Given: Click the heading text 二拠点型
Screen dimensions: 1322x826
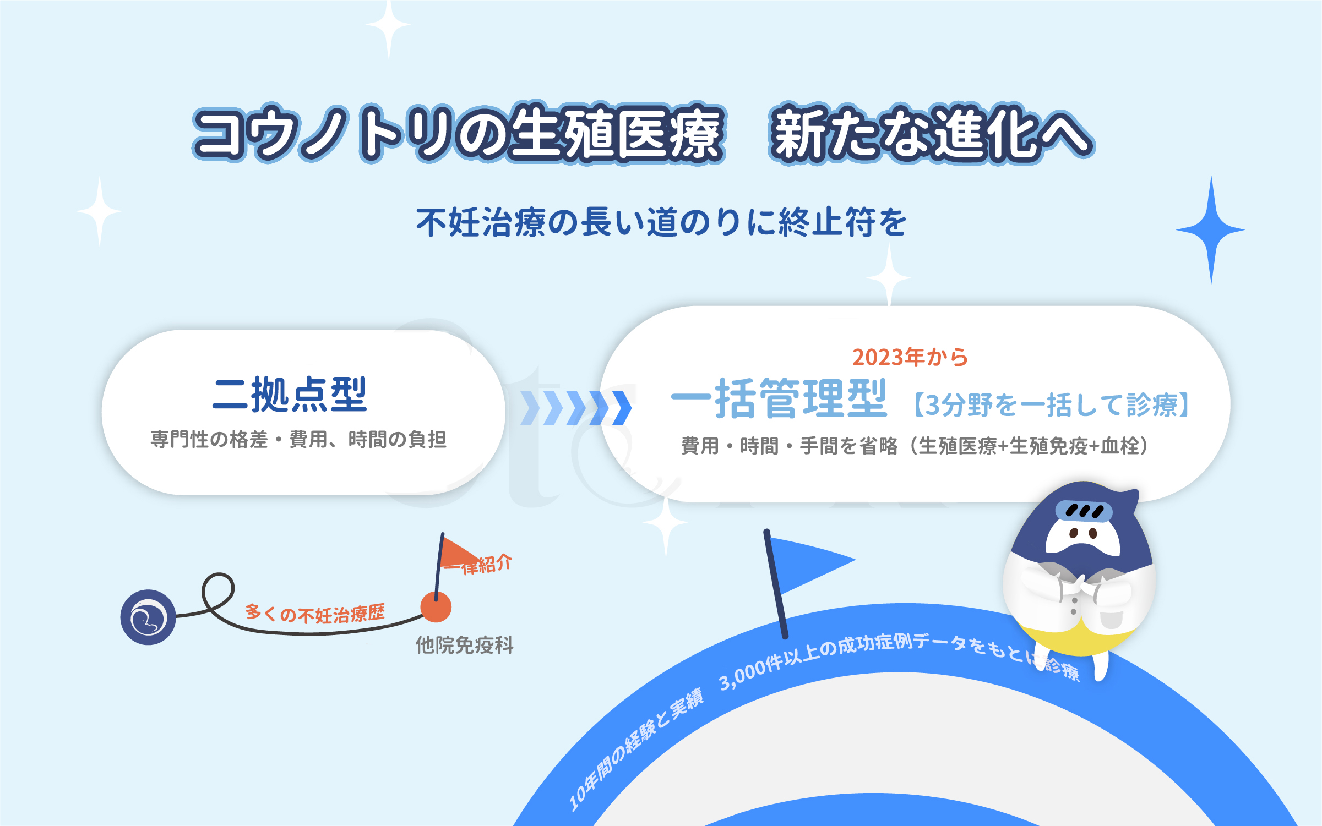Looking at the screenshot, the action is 290,395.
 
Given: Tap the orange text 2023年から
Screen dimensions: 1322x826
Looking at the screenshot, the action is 910,357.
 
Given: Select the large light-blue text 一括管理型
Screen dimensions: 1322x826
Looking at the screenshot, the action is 779,398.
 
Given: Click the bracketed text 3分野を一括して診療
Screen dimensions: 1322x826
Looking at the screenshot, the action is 1052,405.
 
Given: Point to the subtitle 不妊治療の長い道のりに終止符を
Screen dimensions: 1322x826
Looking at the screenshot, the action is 661,222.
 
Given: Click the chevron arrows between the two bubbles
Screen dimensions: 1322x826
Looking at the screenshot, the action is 576,408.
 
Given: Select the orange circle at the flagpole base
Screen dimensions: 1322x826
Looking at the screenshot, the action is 436,607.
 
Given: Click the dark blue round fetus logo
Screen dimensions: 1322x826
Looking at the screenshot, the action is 148,617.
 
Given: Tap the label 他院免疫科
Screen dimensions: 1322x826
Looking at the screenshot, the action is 465,645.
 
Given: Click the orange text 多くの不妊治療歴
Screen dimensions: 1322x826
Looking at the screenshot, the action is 315,613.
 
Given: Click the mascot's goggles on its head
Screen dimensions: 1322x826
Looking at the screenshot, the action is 1084,511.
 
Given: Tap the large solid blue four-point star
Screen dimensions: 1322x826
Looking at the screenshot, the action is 1210,230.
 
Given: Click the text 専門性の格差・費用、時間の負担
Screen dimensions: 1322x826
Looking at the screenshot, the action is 298,439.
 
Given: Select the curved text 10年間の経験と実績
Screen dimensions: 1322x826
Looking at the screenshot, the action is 636,750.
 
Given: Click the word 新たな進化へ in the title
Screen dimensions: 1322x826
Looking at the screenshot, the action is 932,134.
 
